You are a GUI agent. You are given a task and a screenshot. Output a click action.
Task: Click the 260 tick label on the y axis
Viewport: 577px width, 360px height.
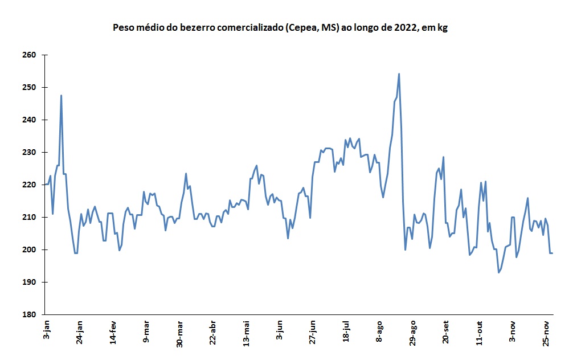click(x=29, y=55)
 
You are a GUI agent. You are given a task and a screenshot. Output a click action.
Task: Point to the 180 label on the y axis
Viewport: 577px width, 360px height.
click(x=29, y=315)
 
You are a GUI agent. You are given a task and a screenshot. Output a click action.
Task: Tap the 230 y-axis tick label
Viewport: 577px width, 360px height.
click(x=29, y=153)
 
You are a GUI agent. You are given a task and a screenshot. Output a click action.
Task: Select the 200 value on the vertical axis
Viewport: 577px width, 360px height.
click(x=29, y=250)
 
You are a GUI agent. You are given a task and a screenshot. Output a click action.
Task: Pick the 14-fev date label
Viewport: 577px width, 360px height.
click(x=113, y=334)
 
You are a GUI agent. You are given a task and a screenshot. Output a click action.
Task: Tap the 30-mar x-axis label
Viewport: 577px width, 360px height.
click(x=180, y=335)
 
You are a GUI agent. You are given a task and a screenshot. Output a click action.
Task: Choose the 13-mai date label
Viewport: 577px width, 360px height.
click(x=246, y=335)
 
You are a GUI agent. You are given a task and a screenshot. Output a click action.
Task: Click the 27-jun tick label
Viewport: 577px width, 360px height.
click(x=312, y=334)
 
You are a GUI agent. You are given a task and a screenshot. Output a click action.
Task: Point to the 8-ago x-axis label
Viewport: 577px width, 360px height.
click(x=379, y=333)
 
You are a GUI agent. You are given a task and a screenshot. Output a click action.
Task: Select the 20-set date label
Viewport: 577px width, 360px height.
click(x=445, y=334)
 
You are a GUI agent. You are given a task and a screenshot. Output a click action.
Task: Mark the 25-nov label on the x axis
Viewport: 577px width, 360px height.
click(x=546, y=334)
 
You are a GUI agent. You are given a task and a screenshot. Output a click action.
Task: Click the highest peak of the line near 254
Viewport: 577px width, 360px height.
click(x=399, y=73)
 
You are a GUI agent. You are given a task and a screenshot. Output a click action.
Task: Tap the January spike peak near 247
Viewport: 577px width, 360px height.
click(x=61, y=96)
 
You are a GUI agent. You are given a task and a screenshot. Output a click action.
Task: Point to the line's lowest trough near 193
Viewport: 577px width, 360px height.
click(x=498, y=272)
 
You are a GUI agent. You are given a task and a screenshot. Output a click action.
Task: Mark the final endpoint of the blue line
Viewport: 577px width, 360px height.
click(x=552, y=253)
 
